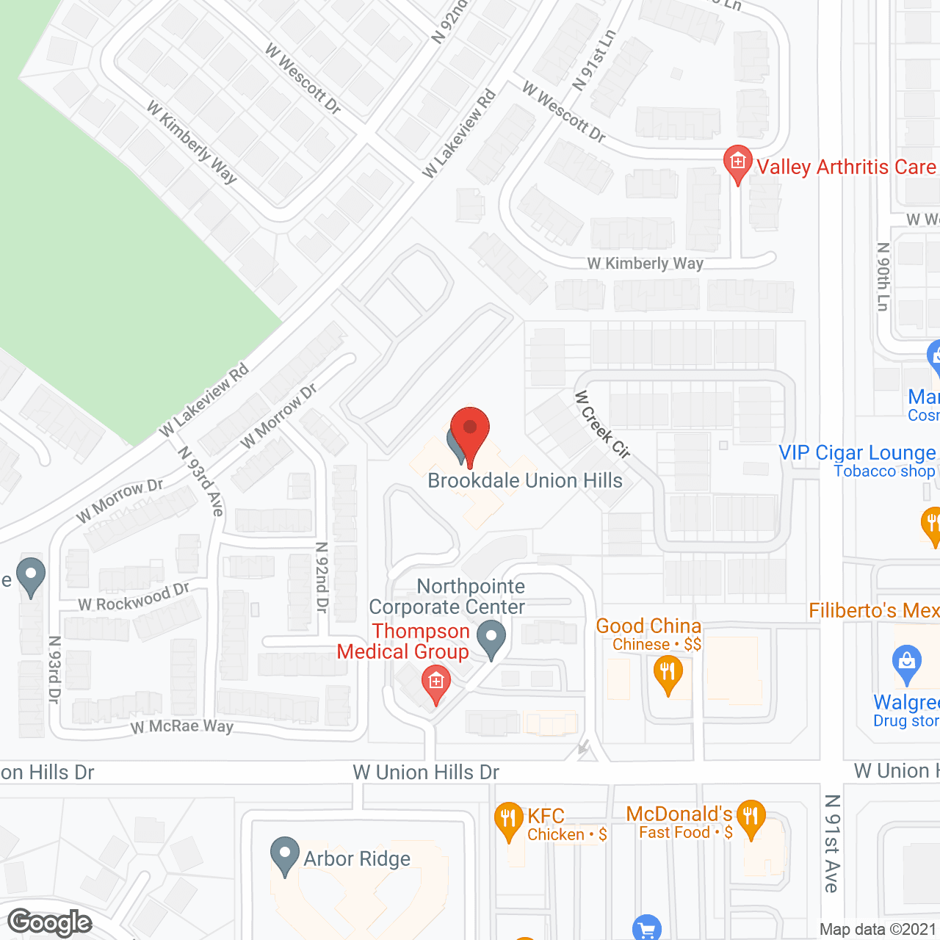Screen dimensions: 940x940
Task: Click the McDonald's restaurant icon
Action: click(751, 817)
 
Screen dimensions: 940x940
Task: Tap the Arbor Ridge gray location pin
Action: click(284, 855)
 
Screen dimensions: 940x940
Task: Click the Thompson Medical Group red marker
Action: click(435, 684)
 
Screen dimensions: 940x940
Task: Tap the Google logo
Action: click(50, 922)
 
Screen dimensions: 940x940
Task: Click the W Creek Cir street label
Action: click(602, 424)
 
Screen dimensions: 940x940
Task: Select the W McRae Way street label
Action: click(182, 726)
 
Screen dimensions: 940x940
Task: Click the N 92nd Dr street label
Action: click(322, 577)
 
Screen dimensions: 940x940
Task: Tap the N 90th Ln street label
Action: click(883, 277)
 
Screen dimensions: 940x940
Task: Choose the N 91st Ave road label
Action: click(832, 843)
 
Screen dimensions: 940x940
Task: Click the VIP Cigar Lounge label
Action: click(858, 453)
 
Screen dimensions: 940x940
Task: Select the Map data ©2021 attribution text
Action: click(878, 929)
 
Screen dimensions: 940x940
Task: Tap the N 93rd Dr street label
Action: click(54, 669)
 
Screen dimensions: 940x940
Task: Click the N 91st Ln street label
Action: click(594, 60)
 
